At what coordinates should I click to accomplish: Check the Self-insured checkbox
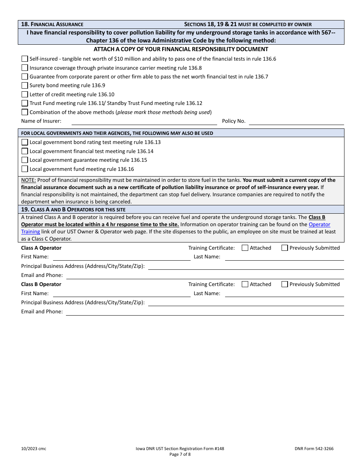(25, 59)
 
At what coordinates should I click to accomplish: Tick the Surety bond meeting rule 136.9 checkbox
(25, 85)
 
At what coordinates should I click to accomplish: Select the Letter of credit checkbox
(25, 94)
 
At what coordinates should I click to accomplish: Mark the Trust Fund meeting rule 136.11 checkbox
(25, 103)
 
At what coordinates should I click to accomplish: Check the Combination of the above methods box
(25, 112)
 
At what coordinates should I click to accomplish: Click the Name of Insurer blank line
(144, 122)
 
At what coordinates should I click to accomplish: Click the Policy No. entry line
(296, 122)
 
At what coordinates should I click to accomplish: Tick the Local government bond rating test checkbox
(25, 142)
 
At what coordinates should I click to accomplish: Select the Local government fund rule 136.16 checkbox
(25, 169)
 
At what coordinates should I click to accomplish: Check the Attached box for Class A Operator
(245, 248)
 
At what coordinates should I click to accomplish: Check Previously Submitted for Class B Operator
(285, 284)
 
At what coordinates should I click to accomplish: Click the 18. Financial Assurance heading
(52, 24)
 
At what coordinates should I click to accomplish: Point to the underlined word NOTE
(28, 180)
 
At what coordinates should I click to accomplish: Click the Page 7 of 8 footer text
(180, 454)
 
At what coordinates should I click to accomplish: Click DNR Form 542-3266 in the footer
(314, 449)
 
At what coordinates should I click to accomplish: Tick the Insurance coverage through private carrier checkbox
(25, 68)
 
